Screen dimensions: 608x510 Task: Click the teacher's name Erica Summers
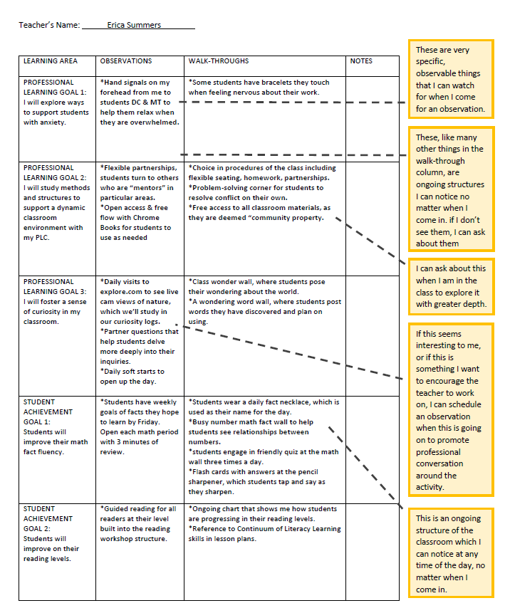point(134,25)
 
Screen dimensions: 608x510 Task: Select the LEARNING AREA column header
point(50,61)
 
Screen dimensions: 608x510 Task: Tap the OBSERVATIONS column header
point(126,61)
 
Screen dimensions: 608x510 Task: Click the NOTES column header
point(361,61)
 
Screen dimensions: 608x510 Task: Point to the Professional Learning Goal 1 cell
point(56,103)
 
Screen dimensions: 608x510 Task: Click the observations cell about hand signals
point(140,103)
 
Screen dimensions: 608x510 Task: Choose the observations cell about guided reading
point(140,523)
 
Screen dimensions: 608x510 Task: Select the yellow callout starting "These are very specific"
point(451,79)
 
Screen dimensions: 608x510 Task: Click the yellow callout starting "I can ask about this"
point(451,286)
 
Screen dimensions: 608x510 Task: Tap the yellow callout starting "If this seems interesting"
point(451,410)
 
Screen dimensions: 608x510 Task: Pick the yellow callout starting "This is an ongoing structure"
point(451,554)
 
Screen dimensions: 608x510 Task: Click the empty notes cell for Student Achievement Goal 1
point(373,449)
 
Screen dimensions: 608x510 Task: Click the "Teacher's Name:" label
point(49,25)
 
